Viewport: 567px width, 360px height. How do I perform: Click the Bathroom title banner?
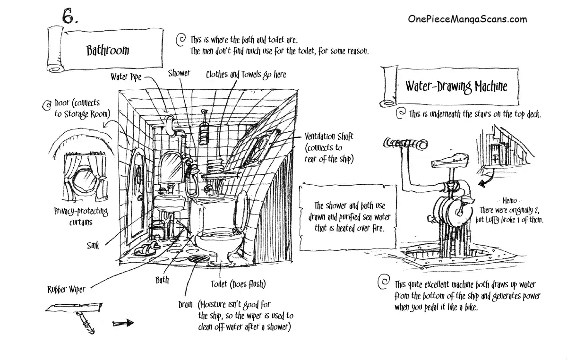pyautogui.click(x=107, y=50)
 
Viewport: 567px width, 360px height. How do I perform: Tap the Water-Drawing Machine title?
pyautogui.click(x=456, y=86)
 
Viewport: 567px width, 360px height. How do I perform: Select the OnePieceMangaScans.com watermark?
pyautogui.click(x=467, y=19)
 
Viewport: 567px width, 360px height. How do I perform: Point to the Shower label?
pyautogui.click(x=179, y=73)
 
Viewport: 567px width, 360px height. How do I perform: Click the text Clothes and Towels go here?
pyautogui.click(x=246, y=75)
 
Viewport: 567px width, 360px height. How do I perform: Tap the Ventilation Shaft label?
pyautogui.click(x=329, y=136)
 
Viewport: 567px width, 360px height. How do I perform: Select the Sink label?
pyautogui.click(x=93, y=246)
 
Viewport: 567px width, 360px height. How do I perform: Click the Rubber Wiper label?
pyautogui.click(x=66, y=289)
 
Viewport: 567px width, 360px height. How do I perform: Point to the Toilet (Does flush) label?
pyautogui.click(x=238, y=284)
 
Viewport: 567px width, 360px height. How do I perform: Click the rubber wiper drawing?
pyautogui.click(x=76, y=309)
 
